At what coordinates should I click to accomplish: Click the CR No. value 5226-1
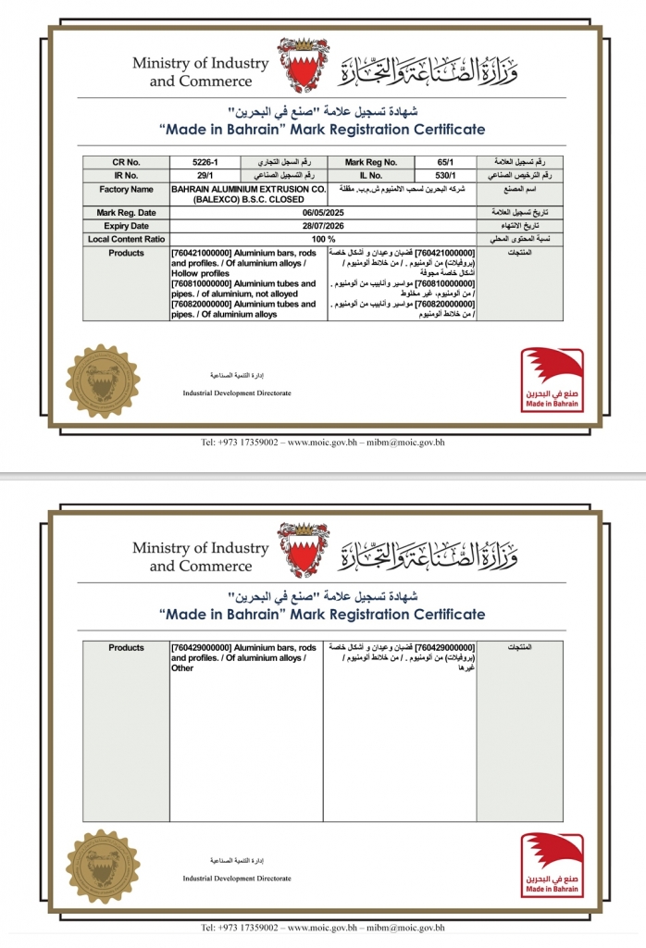204,161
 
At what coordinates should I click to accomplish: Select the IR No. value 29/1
204,174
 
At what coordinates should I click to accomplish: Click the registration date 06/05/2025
323,213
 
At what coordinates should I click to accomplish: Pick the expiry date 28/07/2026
323,225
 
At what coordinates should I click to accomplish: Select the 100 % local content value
323,238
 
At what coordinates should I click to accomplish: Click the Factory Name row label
126,189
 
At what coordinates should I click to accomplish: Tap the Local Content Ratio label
126,238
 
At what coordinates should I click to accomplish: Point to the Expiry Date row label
126,225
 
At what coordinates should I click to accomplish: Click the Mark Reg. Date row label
126,213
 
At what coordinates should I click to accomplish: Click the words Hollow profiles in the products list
200,273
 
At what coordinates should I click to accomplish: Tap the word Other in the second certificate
182,667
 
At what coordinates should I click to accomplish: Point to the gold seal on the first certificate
96,380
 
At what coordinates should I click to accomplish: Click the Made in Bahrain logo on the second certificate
552,865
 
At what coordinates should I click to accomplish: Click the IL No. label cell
369,174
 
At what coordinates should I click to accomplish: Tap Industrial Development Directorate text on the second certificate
237,878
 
